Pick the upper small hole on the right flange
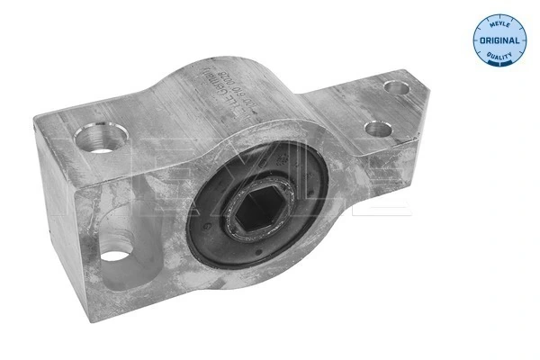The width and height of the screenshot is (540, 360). [x=394, y=87]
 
